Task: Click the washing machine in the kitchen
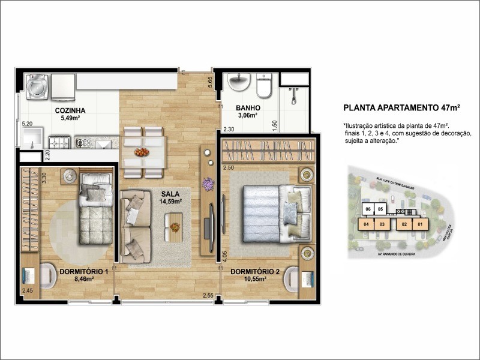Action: (37, 88)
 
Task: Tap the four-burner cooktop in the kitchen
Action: (61, 143)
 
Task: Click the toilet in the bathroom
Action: (264, 86)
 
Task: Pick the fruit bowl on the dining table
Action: (142, 152)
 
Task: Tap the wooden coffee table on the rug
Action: (175, 228)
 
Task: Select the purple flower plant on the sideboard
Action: (208, 184)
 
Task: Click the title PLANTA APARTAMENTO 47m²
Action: (401, 108)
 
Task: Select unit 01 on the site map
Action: (421, 225)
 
